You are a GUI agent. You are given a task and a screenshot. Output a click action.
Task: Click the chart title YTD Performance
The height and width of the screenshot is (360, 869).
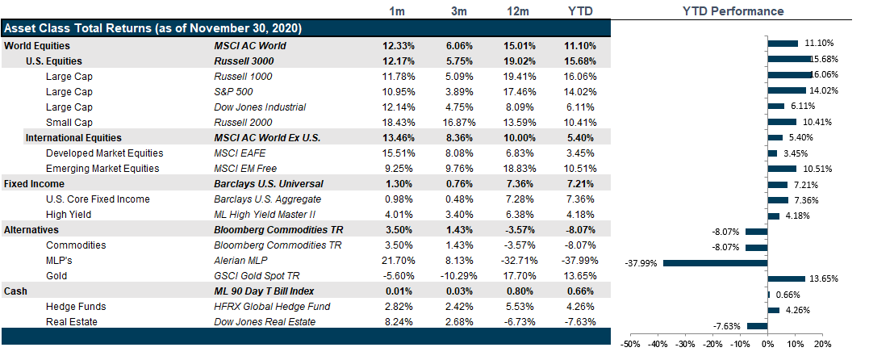point(733,11)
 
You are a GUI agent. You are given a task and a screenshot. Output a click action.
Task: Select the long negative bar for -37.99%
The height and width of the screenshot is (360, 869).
point(714,262)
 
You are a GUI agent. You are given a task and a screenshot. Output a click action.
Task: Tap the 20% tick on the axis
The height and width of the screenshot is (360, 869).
point(822,344)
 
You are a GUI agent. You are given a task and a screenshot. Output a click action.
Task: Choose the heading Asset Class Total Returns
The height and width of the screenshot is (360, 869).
point(153,28)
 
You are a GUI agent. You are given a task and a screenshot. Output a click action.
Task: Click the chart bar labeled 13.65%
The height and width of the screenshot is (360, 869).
point(780,278)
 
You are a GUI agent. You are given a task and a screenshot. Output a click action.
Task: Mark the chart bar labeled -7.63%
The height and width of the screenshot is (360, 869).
point(757,326)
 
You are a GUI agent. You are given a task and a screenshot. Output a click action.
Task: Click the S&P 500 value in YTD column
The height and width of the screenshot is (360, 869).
point(579,91)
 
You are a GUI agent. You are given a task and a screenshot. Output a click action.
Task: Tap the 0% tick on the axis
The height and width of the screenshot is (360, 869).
point(767,344)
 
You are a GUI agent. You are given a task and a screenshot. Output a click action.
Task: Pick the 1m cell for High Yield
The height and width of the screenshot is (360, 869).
point(397,215)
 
